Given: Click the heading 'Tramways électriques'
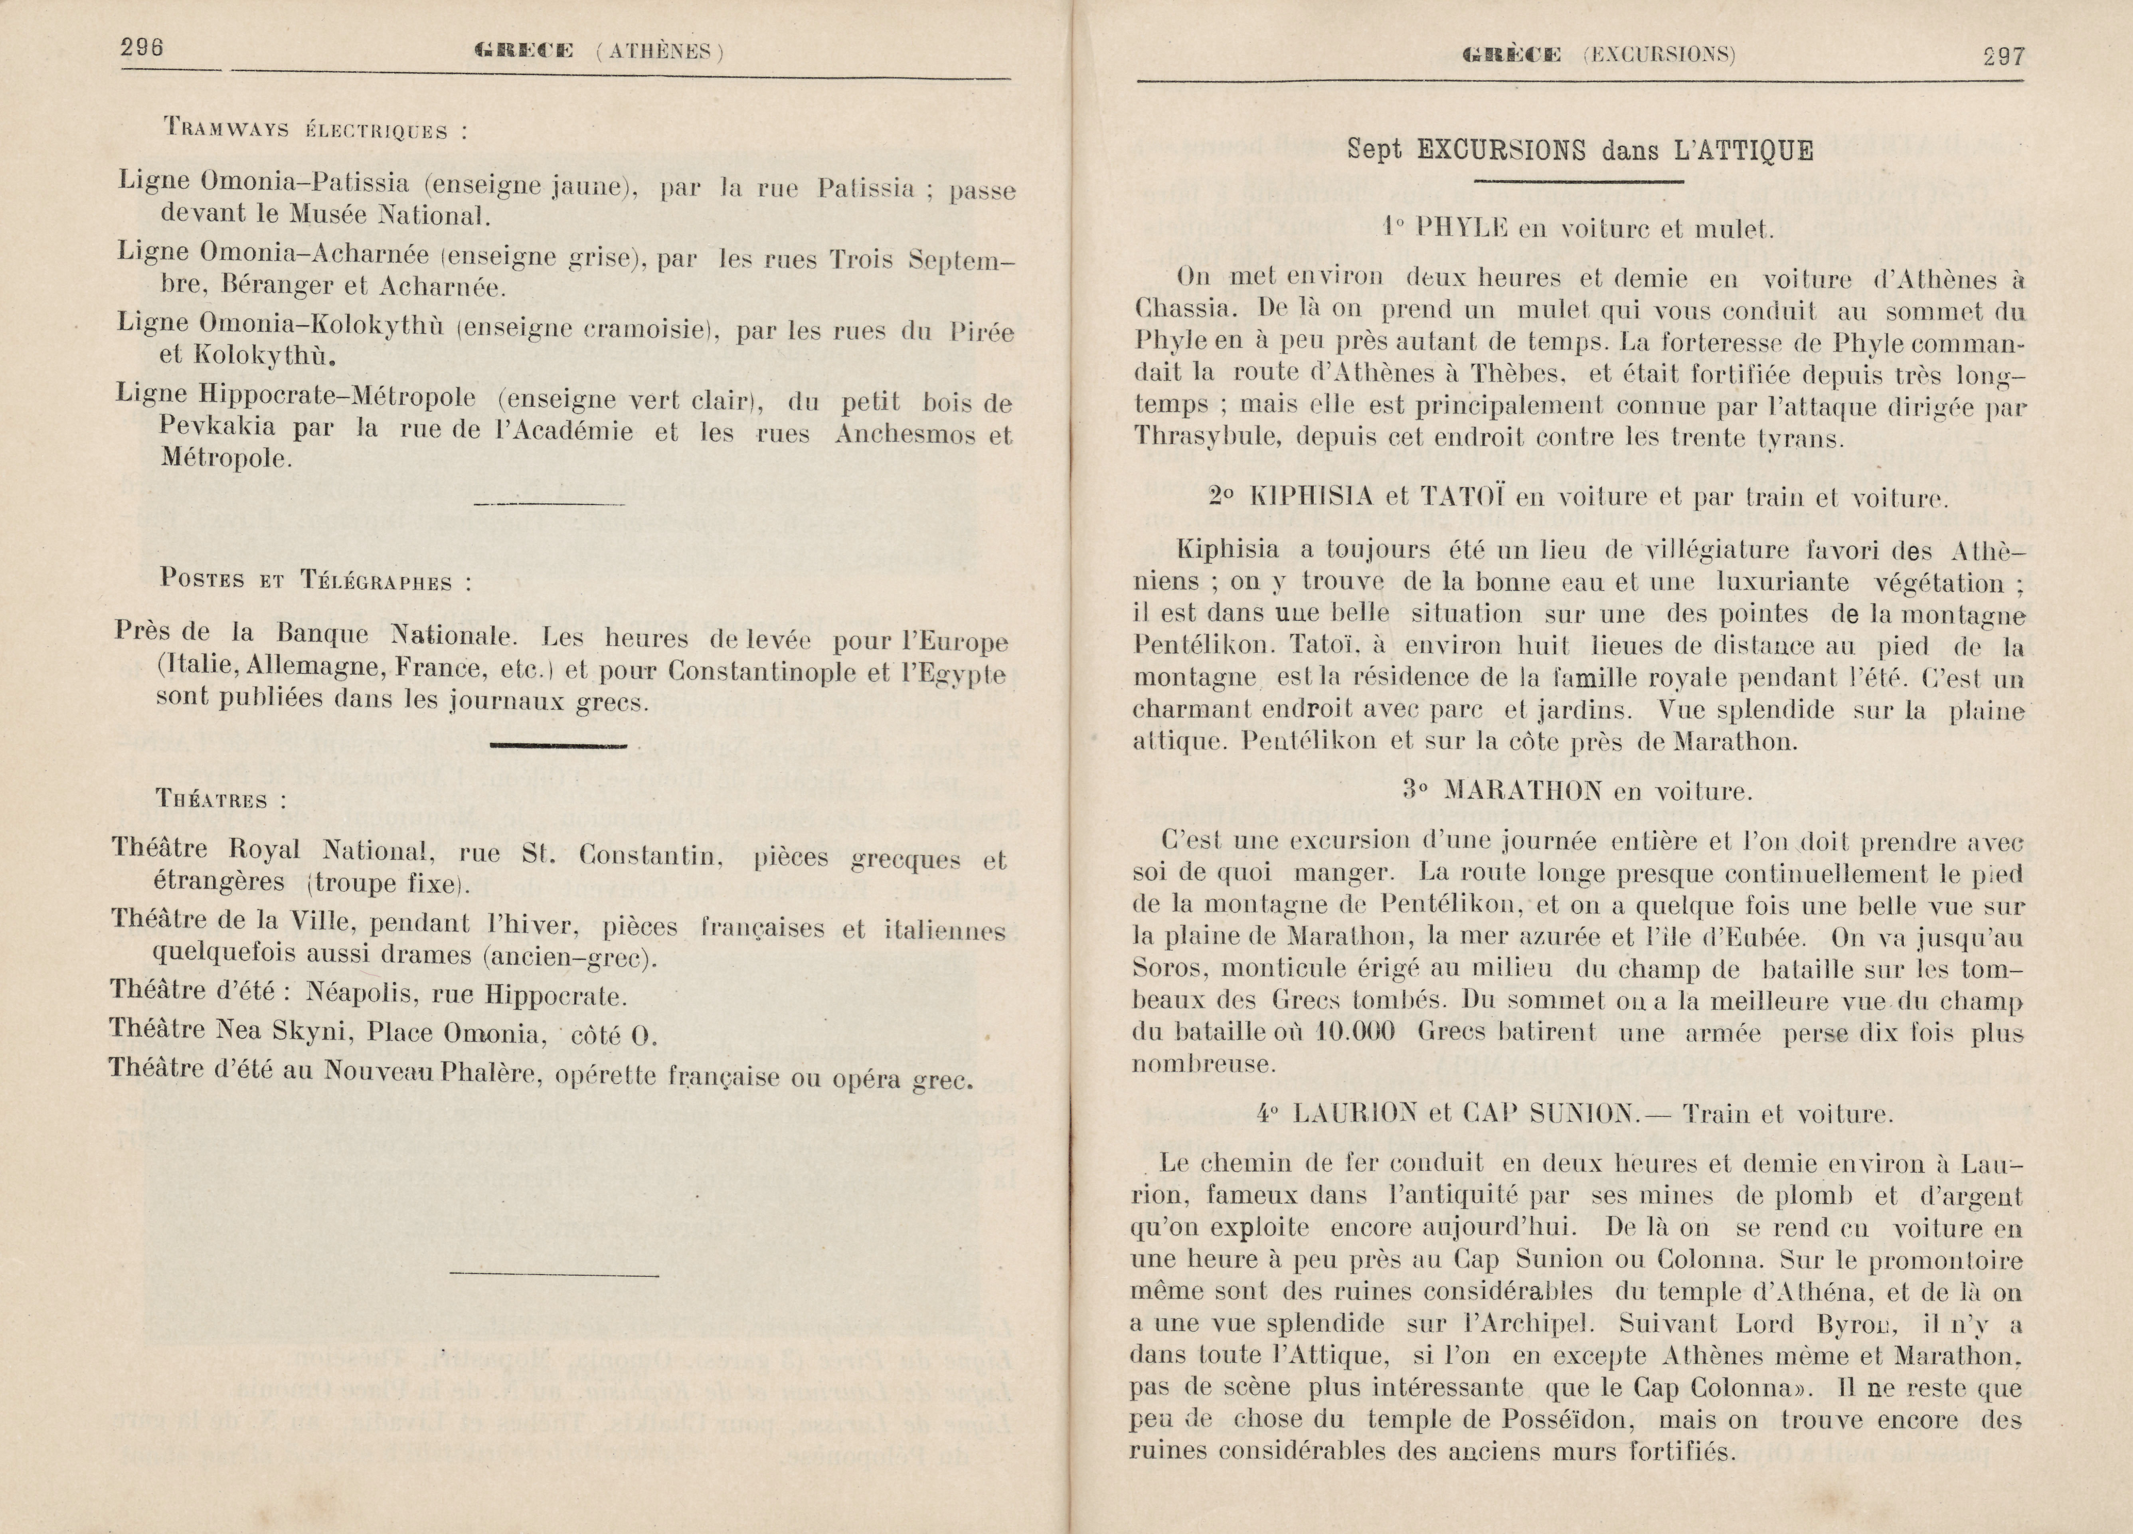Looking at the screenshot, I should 314,129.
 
